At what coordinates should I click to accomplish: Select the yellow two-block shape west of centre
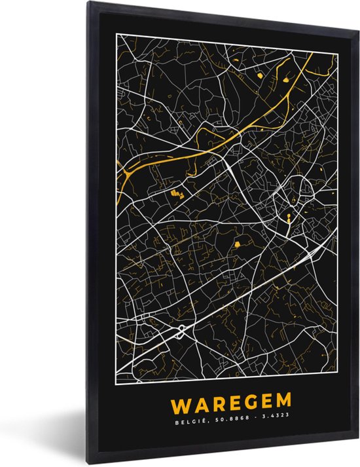pos(175,193)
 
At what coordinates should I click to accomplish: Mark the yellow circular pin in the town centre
pos(287,215)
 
